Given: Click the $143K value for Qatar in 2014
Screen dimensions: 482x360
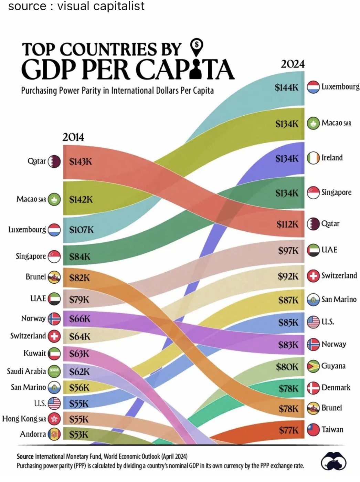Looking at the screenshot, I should [x=80, y=161].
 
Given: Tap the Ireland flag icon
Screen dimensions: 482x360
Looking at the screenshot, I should [x=313, y=158].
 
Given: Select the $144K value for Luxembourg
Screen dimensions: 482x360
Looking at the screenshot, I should [x=286, y=87].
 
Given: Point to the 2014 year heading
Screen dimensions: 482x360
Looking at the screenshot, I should [x=73, y=137].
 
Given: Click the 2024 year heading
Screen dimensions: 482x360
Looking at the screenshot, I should [x=293, y=64].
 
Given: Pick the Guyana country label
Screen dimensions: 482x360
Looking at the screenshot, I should [x=333, y=366].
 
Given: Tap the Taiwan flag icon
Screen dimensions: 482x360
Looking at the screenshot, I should [x=313, y=430].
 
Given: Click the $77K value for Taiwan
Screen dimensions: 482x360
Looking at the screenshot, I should [x=288, y=430].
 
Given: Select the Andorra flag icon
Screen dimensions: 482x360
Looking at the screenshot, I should [x=54, y=434].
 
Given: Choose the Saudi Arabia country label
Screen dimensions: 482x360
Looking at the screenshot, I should [x=26, y=371].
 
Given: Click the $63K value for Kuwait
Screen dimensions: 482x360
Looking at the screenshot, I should [x=79, y=354].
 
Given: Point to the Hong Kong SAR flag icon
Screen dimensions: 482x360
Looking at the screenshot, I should [x=54, y=419].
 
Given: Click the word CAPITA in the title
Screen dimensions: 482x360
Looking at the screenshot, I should [x=186, y=70].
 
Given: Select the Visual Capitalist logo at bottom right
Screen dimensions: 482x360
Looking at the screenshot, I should [x=333, y=461].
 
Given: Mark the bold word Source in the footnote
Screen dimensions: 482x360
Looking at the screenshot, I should [x=25, y=457].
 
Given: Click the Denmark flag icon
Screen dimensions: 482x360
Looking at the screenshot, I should [x=313, y=388].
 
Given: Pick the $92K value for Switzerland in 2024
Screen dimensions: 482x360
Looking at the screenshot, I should [x=288, y=276].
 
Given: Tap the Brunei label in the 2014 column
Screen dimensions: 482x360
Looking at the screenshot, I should [x=35, y=277].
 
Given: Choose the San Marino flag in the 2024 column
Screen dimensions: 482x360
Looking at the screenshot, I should [x=313, y=300].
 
